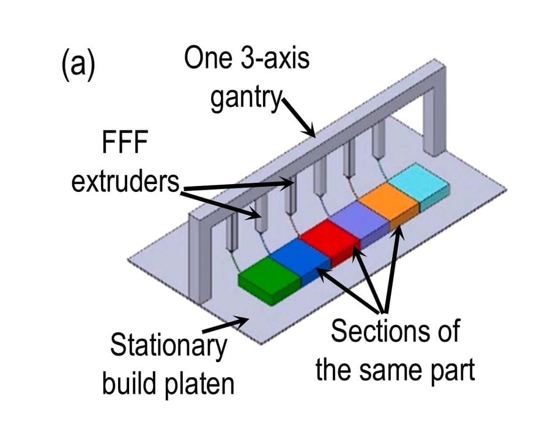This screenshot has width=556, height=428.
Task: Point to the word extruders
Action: pyautogui.click(x=126, y=181)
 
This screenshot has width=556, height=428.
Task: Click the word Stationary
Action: pyautogui.click(x=168, y=346)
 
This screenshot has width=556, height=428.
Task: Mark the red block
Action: pyautogui.click(x=330, y=240)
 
